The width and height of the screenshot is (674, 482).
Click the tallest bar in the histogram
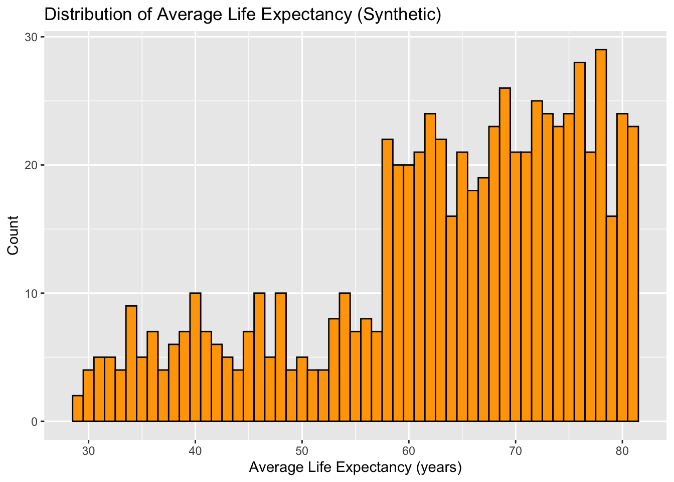pos(601,236)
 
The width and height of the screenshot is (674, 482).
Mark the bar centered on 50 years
pos(302,389)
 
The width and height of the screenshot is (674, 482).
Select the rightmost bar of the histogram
pos(633,274)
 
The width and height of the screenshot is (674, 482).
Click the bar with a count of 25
pos(537,261)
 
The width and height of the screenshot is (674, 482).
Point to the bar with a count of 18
pos(473,306)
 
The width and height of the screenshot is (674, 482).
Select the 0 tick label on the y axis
pos(35,422)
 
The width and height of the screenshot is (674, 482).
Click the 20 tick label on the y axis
pos(32,166)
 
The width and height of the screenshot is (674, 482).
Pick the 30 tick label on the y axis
pos(32,38)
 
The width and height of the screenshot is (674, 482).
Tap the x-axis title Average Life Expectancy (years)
pos(355,468)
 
